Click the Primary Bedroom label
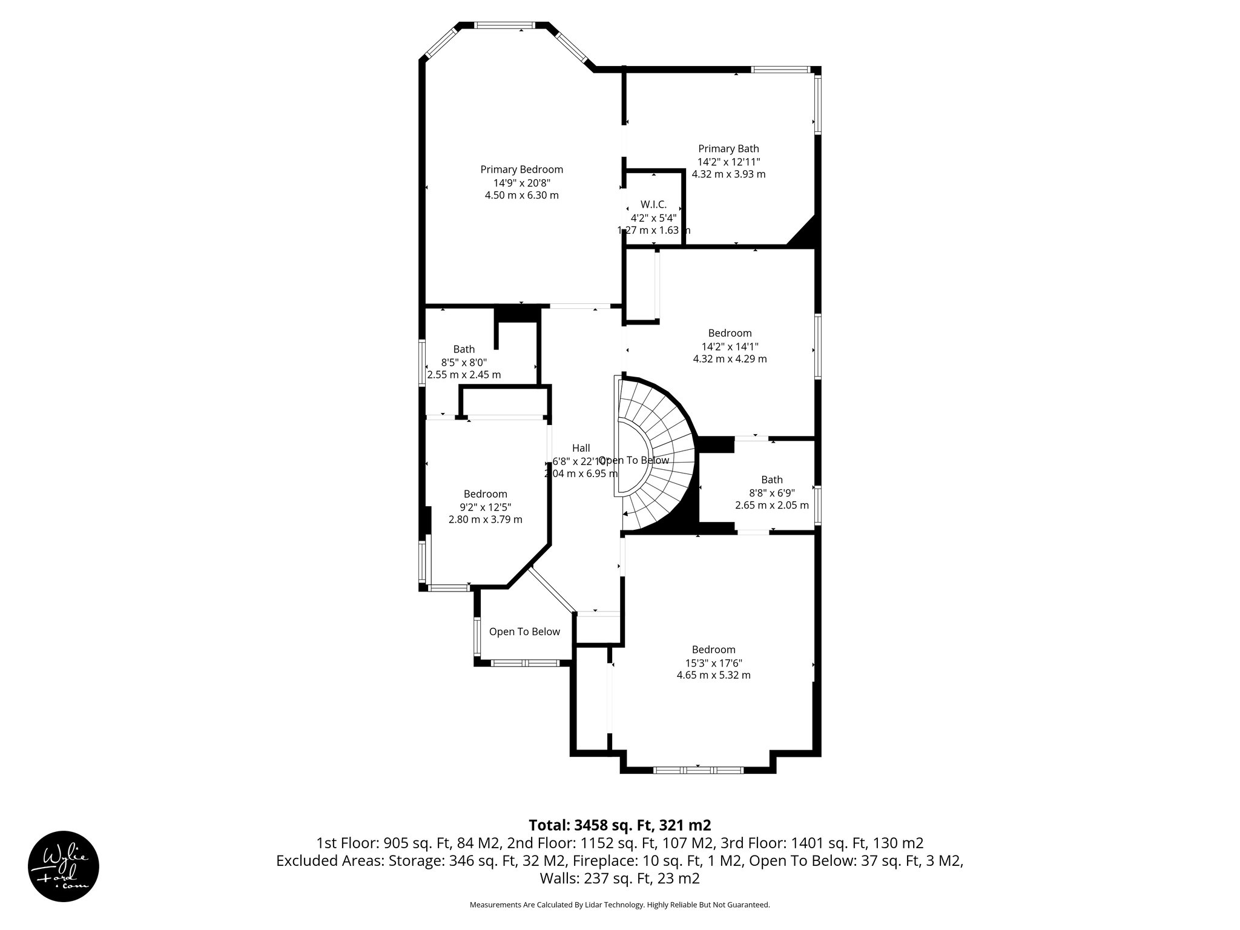point(521,170)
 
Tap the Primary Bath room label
point(728,149)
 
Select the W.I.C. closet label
point(653,205)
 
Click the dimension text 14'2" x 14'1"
point(730,346)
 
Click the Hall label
point(581,448)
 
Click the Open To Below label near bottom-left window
point(524,632)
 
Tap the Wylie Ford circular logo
point(64,866)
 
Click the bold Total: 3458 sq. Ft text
point(619,825)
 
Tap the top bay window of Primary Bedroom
point(505,25)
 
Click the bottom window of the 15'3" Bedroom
point(698,770)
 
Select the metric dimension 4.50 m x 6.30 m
point(521,196)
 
